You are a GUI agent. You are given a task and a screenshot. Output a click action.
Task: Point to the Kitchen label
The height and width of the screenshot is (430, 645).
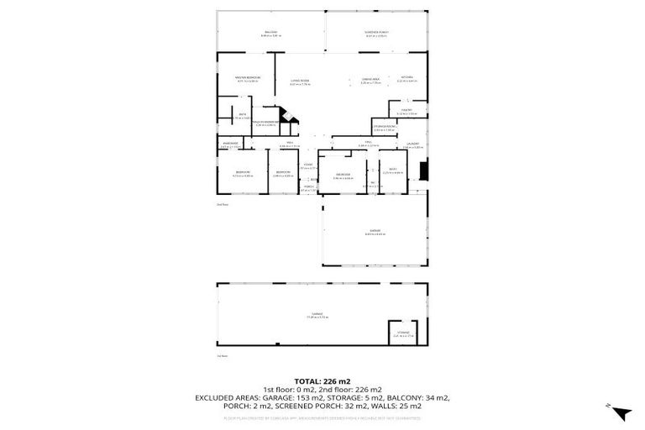(406, 78)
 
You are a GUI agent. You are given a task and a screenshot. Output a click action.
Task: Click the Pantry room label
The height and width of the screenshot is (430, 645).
(406, 111)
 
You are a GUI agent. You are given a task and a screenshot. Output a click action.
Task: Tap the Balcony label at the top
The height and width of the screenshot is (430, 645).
(269, 34)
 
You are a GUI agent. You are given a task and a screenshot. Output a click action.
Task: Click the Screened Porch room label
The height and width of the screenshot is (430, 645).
(376, 34)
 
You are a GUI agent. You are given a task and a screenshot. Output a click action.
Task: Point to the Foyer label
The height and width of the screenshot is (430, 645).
(308, 165)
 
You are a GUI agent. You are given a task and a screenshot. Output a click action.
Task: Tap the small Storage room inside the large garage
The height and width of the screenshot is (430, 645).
(403, 333)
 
